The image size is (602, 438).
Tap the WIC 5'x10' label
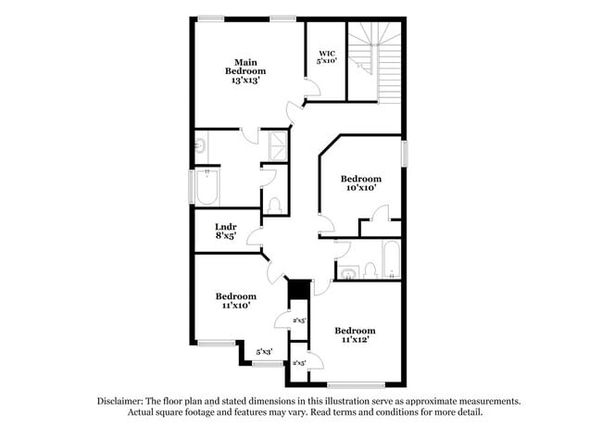pyautogui.click(x=327, y=56)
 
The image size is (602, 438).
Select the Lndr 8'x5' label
pyautogui.click(x=226, y=231)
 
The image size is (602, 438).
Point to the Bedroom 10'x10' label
pyautogui.click(x=360, y=183)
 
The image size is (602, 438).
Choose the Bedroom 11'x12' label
pyautogui.click(x=355, y=335)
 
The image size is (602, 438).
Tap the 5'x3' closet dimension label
pyautogui.click(x=264, y=352)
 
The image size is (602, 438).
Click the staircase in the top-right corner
pyautogui.click(x=376, y=59)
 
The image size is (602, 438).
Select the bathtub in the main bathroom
pyautogui.click(x=206, y=187)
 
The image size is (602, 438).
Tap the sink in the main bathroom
pyautogui.click(x=200, y=144)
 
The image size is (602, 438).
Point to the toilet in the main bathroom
pyautogui.click(x=275, y=205)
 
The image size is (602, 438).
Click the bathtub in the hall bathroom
pyautogui.click(x=391, y=260)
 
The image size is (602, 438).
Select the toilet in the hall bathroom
pyautogui.click(x=370, y=269)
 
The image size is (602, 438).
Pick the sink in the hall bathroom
pyautogui.click(x=347, y=271)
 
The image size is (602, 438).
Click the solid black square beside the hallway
pyautogui.click(x=297, y=289)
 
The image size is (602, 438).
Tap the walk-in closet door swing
pyautogui.click(x=312, y=89)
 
